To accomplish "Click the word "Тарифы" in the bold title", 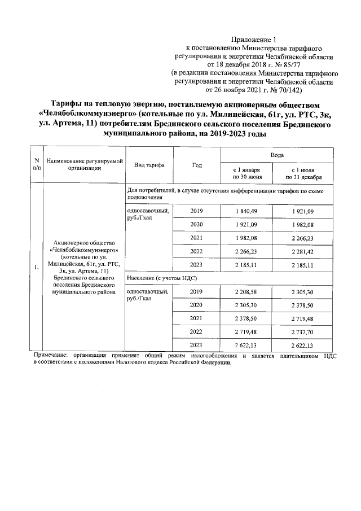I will (x=69, y=104).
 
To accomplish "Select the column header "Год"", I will (x=196, y=165).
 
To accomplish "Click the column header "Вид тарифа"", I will (x=149, y=165).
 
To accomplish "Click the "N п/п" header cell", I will (x=36, y=164).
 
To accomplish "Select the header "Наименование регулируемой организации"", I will (x=84, y=164).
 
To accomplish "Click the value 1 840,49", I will (x=246, y=211).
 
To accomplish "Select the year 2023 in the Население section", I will (x=196, y=346).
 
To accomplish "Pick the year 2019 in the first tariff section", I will (x=196, y=211).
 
